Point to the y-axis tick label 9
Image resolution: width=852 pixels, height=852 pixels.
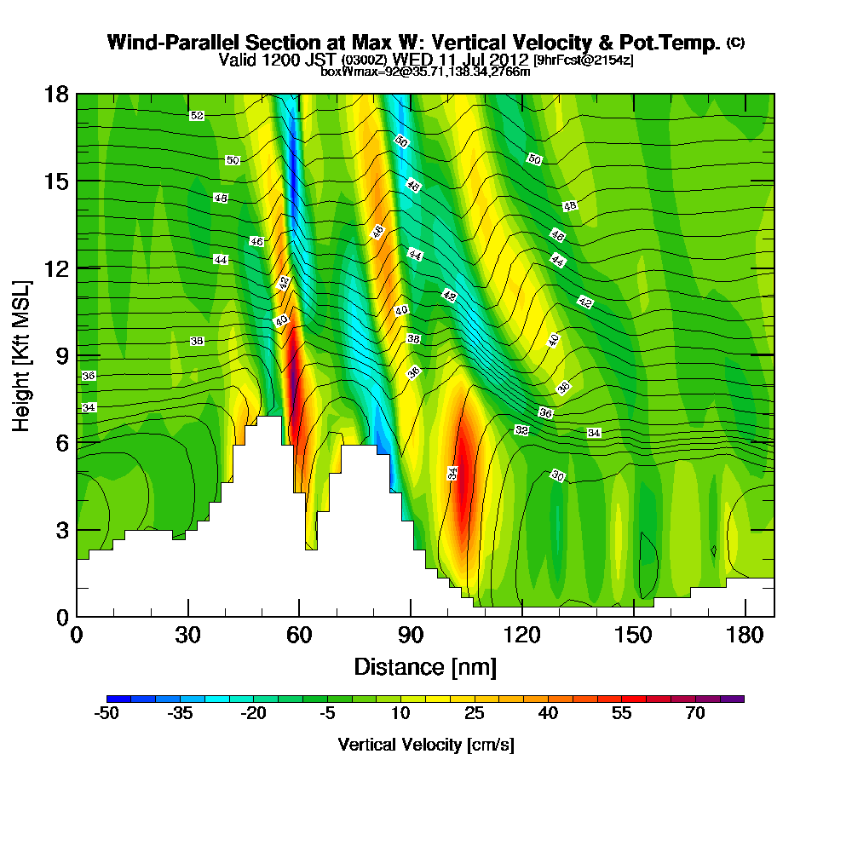tap(61, 355)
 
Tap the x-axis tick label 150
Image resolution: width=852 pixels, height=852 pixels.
tap(633, 636)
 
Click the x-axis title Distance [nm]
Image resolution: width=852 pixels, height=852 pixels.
tap(425, 666)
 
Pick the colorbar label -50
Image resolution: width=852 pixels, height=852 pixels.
tap(106, 714)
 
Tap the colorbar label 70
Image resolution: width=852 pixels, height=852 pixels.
tap(695, 714)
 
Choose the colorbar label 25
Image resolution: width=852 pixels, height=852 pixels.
tap(475, 714)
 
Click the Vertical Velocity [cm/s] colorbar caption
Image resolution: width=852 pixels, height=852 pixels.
tap(425, 745)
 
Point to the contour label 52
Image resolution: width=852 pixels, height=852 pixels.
tap(197, 115)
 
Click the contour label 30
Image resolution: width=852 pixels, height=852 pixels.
tap(557, 475)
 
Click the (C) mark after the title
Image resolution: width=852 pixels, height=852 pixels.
tap(735, 42)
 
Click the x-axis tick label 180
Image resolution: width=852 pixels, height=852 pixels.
tap(745, 636)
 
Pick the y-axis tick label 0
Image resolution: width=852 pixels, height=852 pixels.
tap(61, 616)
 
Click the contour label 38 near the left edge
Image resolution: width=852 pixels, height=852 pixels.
tap(197, 341)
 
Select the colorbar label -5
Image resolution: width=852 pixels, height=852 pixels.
tap(327, 714)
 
